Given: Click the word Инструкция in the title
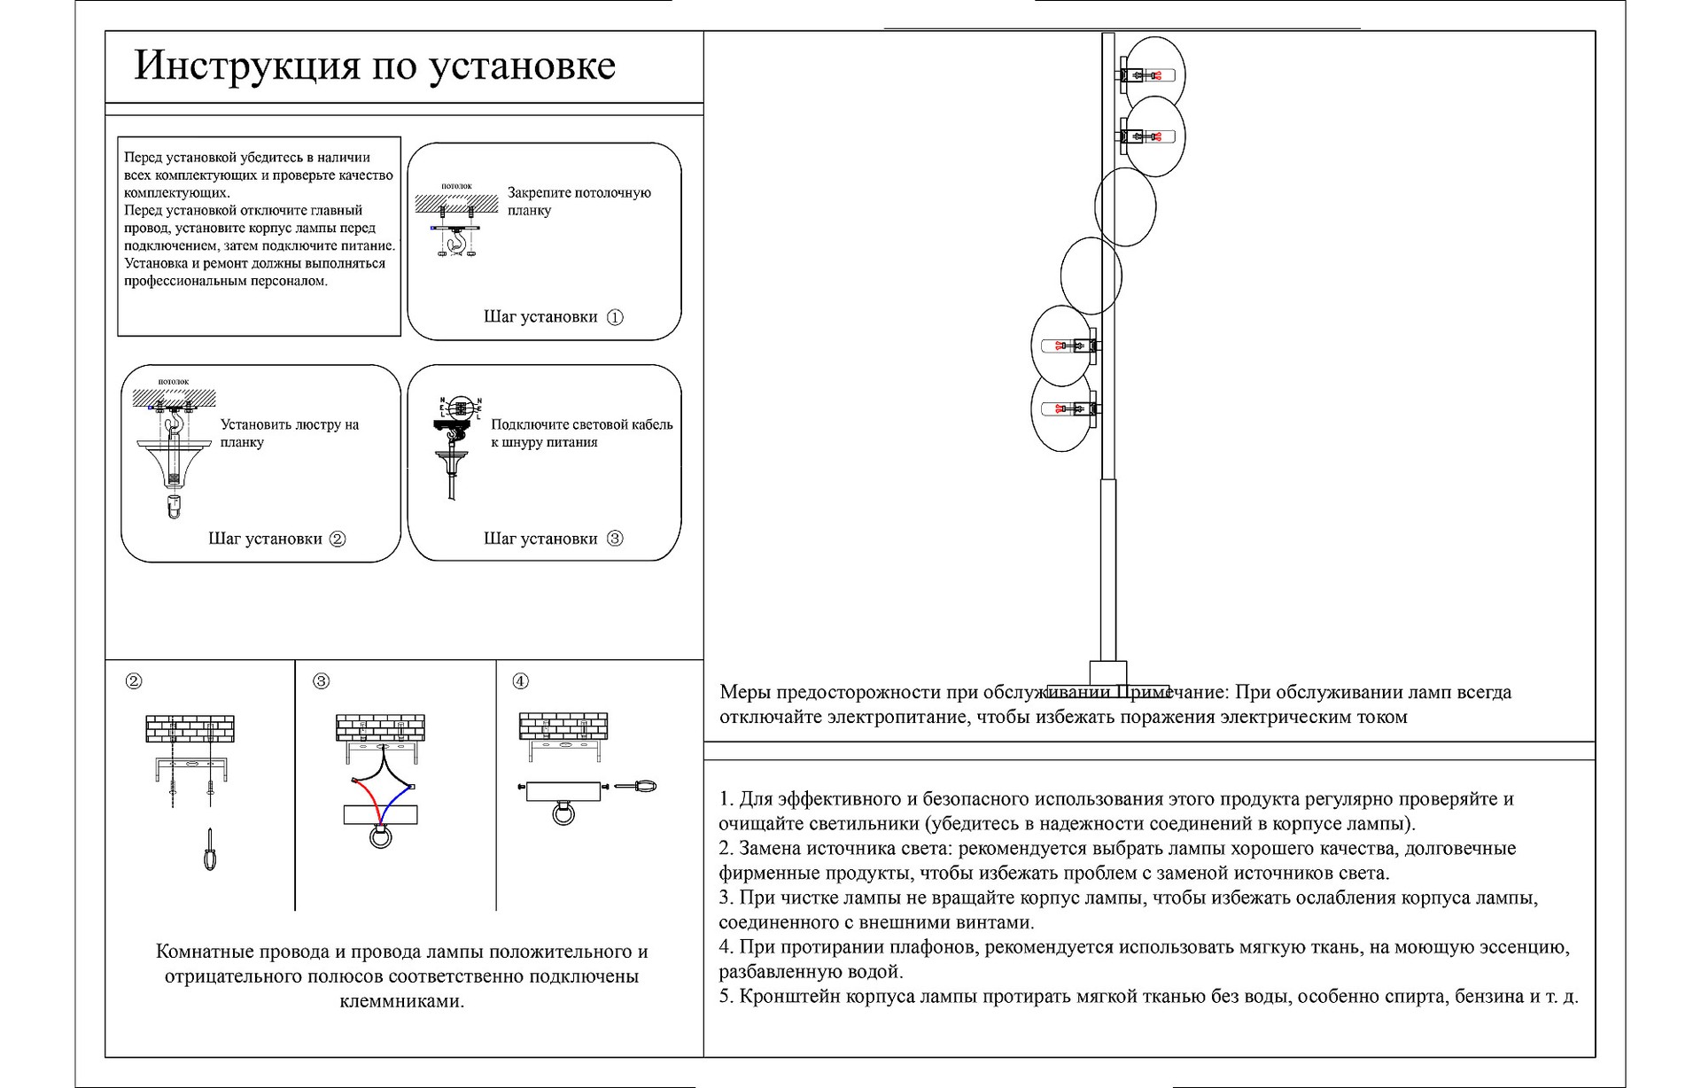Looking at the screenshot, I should [247, 66].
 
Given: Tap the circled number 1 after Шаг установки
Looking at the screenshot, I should [615, 317].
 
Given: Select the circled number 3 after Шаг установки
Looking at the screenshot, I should [615, 539].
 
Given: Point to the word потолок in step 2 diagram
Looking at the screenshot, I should [174, 382].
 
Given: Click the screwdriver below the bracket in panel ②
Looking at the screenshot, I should [210, 850].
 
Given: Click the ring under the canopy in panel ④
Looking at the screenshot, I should [563, 812].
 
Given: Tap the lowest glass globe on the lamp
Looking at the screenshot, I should [1061, 410].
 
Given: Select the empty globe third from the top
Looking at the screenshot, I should [1125, 206].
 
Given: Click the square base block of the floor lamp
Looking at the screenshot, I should [1107, 672].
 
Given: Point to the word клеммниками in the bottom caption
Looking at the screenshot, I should [402, 1002].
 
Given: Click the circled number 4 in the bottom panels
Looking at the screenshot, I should [521, 681].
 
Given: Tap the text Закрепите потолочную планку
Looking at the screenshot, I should [579, 202].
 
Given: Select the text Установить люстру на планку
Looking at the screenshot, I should [289, 433].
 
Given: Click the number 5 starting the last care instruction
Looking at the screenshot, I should [724, 997].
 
